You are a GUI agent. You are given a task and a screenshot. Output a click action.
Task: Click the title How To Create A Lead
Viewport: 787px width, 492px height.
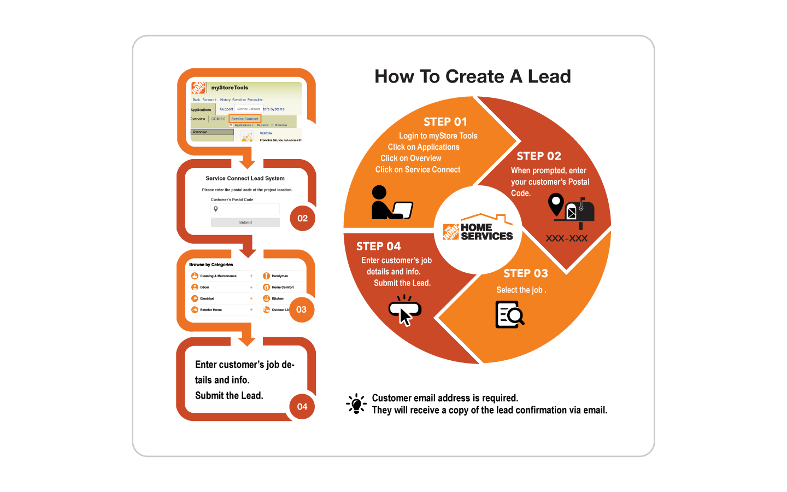(473, 77)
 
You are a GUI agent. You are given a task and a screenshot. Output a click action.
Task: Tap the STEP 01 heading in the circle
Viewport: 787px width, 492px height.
(445, 122)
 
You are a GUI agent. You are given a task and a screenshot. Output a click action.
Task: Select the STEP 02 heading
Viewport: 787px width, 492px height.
(539, 156)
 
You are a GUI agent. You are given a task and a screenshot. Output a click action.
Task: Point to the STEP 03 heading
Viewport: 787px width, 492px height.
(525, 273)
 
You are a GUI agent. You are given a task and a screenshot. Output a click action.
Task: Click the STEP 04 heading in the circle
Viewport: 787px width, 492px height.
(378, 247)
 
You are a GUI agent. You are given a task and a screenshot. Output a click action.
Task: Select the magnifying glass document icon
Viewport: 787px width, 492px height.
(509, 315)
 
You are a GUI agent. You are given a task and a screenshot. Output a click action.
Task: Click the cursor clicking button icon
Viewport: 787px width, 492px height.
(405, 310)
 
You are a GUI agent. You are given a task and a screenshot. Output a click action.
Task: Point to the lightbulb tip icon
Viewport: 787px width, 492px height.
(356, 404)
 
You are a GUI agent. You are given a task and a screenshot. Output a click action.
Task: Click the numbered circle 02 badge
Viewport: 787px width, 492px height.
(302, 218)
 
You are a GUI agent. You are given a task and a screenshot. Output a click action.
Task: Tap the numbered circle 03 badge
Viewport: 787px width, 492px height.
(301, 309)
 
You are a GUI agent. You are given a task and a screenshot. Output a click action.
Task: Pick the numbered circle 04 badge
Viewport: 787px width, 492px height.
(302, 407)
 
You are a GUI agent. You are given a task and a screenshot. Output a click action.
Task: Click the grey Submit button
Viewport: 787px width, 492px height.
(245, 222)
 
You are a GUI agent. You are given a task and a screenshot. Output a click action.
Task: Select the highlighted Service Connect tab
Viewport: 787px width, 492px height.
(245, 119)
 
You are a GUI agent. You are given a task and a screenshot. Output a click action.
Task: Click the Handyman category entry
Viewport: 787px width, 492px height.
(279, 276)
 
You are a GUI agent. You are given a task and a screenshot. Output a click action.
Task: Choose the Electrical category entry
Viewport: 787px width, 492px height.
(207, 298)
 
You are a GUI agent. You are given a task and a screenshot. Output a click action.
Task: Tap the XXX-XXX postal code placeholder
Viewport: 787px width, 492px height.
(567, 238)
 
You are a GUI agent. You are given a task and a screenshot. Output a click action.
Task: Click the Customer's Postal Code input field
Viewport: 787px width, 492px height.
(245, 209)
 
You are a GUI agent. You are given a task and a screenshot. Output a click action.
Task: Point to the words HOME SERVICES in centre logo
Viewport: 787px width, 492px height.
(486, 232)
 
